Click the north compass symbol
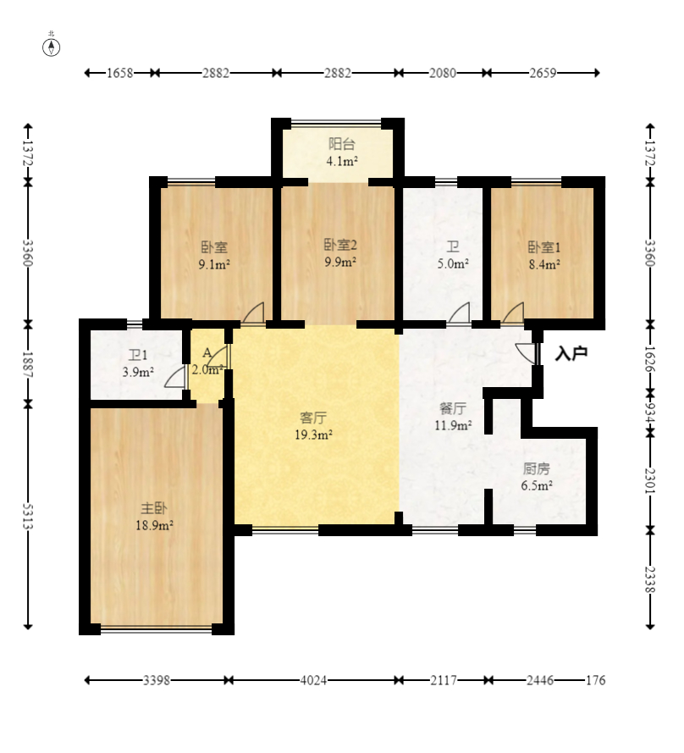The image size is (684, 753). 52,47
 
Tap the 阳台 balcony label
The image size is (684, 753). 342,144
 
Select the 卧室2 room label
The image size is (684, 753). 340,245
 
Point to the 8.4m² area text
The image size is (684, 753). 545,264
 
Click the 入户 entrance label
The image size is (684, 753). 571,353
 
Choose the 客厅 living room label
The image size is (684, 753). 313,418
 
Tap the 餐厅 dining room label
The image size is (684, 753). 453,408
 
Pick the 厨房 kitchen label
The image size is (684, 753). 536,468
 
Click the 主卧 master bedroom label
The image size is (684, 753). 154,508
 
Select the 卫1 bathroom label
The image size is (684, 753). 138,356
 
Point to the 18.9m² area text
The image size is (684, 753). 154,525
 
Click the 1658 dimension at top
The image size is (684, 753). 119,73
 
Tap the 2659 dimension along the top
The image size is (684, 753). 543,73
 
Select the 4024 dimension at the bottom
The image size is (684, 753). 313,680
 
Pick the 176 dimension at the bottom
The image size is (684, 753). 595,680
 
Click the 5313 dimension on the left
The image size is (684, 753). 28,516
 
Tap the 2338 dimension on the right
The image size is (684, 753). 650,579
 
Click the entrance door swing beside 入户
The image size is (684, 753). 526,353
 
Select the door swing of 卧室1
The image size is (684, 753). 513,313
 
